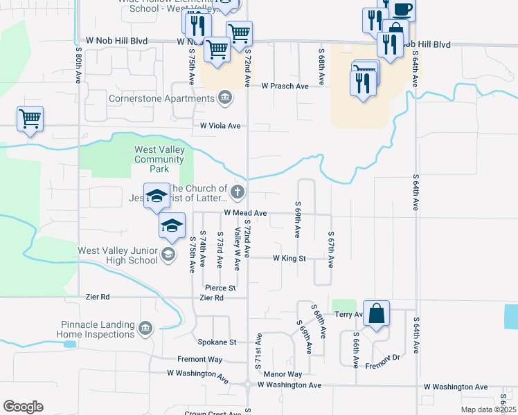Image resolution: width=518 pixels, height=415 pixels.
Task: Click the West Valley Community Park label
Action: tap(159, 159)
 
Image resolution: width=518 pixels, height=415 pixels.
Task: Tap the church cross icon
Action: tap(238, 191)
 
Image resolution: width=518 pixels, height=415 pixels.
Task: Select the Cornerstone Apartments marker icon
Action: tap(224, 98)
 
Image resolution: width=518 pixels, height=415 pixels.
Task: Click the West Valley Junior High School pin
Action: tap(168, 255)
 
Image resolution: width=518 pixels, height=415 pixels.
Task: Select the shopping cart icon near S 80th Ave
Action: tap(30, 118)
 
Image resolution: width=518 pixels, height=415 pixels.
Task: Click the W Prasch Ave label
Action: tap(285, 86)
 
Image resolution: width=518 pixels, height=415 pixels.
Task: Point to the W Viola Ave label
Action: tap(220, 126)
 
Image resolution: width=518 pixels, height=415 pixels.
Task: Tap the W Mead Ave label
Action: tap(245, 214)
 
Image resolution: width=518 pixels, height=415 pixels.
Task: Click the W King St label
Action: tap(289, 258)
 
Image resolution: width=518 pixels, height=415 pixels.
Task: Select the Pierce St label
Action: tap(220, 287)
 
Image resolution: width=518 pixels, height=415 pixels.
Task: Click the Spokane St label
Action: tap(218, 342)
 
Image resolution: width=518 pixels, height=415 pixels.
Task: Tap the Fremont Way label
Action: tap(199, 360)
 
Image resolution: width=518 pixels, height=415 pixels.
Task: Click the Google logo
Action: tap(23, 407)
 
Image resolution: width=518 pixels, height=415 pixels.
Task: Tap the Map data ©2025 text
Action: tap(488, 410)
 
